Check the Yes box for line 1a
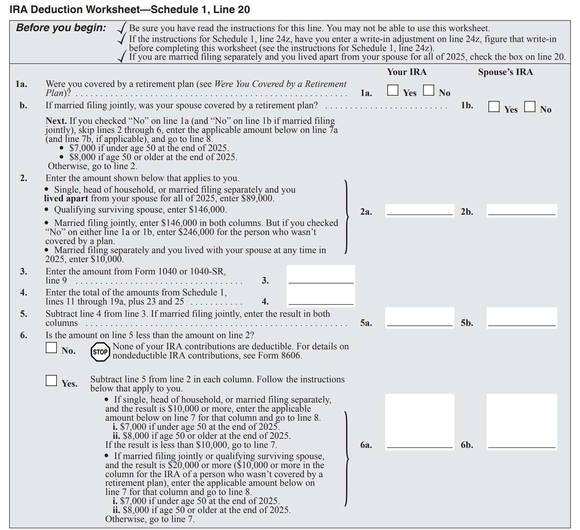point(392,90)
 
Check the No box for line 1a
point(429,90)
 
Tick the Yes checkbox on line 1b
point(494,106)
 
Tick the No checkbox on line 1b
point(530,106)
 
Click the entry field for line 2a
point(420,210)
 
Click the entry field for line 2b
point(521,210)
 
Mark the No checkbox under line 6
point(51,348)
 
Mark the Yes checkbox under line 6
point(51,380)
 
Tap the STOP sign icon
point(100,352)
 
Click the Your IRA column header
point(407,72)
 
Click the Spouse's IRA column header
point(505,72)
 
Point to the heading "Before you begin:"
point(61,28)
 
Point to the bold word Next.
point(56,121)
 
